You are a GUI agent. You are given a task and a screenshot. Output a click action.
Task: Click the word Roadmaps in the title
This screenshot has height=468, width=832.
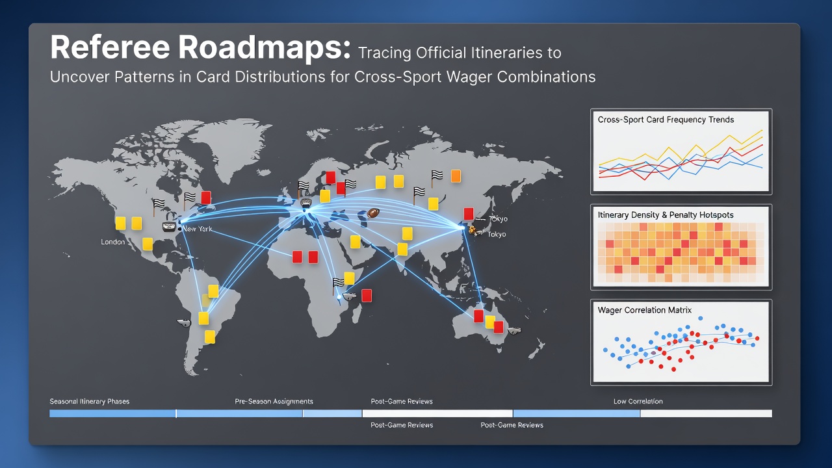click(265, 47)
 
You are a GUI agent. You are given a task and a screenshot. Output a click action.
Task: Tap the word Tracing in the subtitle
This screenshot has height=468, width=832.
click(384, 53)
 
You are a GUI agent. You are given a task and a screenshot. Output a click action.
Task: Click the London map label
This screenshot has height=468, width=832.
click(113, 242)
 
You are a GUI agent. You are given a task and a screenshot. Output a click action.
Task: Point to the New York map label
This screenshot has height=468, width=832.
click(197, 229)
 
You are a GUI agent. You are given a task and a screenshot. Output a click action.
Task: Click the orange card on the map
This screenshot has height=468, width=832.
click(456, 176)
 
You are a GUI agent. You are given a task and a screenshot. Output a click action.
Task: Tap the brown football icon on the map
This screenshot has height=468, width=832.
click(373, 213)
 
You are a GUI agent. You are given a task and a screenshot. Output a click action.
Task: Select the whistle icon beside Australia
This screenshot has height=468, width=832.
click(514, 330)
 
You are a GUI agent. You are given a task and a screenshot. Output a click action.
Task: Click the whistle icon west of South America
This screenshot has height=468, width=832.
click(184, 322)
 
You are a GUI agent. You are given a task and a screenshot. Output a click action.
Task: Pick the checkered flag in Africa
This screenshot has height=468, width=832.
click(337, 283)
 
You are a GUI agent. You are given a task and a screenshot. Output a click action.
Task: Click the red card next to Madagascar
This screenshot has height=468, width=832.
click(367, 296)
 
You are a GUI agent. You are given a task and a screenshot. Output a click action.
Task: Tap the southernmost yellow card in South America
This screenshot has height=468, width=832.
click(210, 337)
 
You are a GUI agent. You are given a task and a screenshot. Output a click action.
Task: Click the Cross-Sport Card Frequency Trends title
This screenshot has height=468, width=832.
click(666, 120)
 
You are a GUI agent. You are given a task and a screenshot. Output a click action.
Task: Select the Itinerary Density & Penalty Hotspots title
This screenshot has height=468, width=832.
click(666, 214)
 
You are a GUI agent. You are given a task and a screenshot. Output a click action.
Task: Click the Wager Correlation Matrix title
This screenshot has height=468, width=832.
click(644, 310)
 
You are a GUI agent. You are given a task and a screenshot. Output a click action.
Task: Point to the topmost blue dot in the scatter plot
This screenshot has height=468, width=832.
click(701, 318)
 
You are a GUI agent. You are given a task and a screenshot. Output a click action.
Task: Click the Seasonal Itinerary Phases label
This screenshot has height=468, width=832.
click(90, 401)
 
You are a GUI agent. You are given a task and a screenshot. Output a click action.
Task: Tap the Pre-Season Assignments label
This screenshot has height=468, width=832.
click(274, 401)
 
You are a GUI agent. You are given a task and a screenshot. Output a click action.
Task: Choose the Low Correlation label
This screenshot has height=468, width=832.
click(638, 401)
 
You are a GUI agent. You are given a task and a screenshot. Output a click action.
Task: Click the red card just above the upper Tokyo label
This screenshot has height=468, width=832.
click(469, 214)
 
